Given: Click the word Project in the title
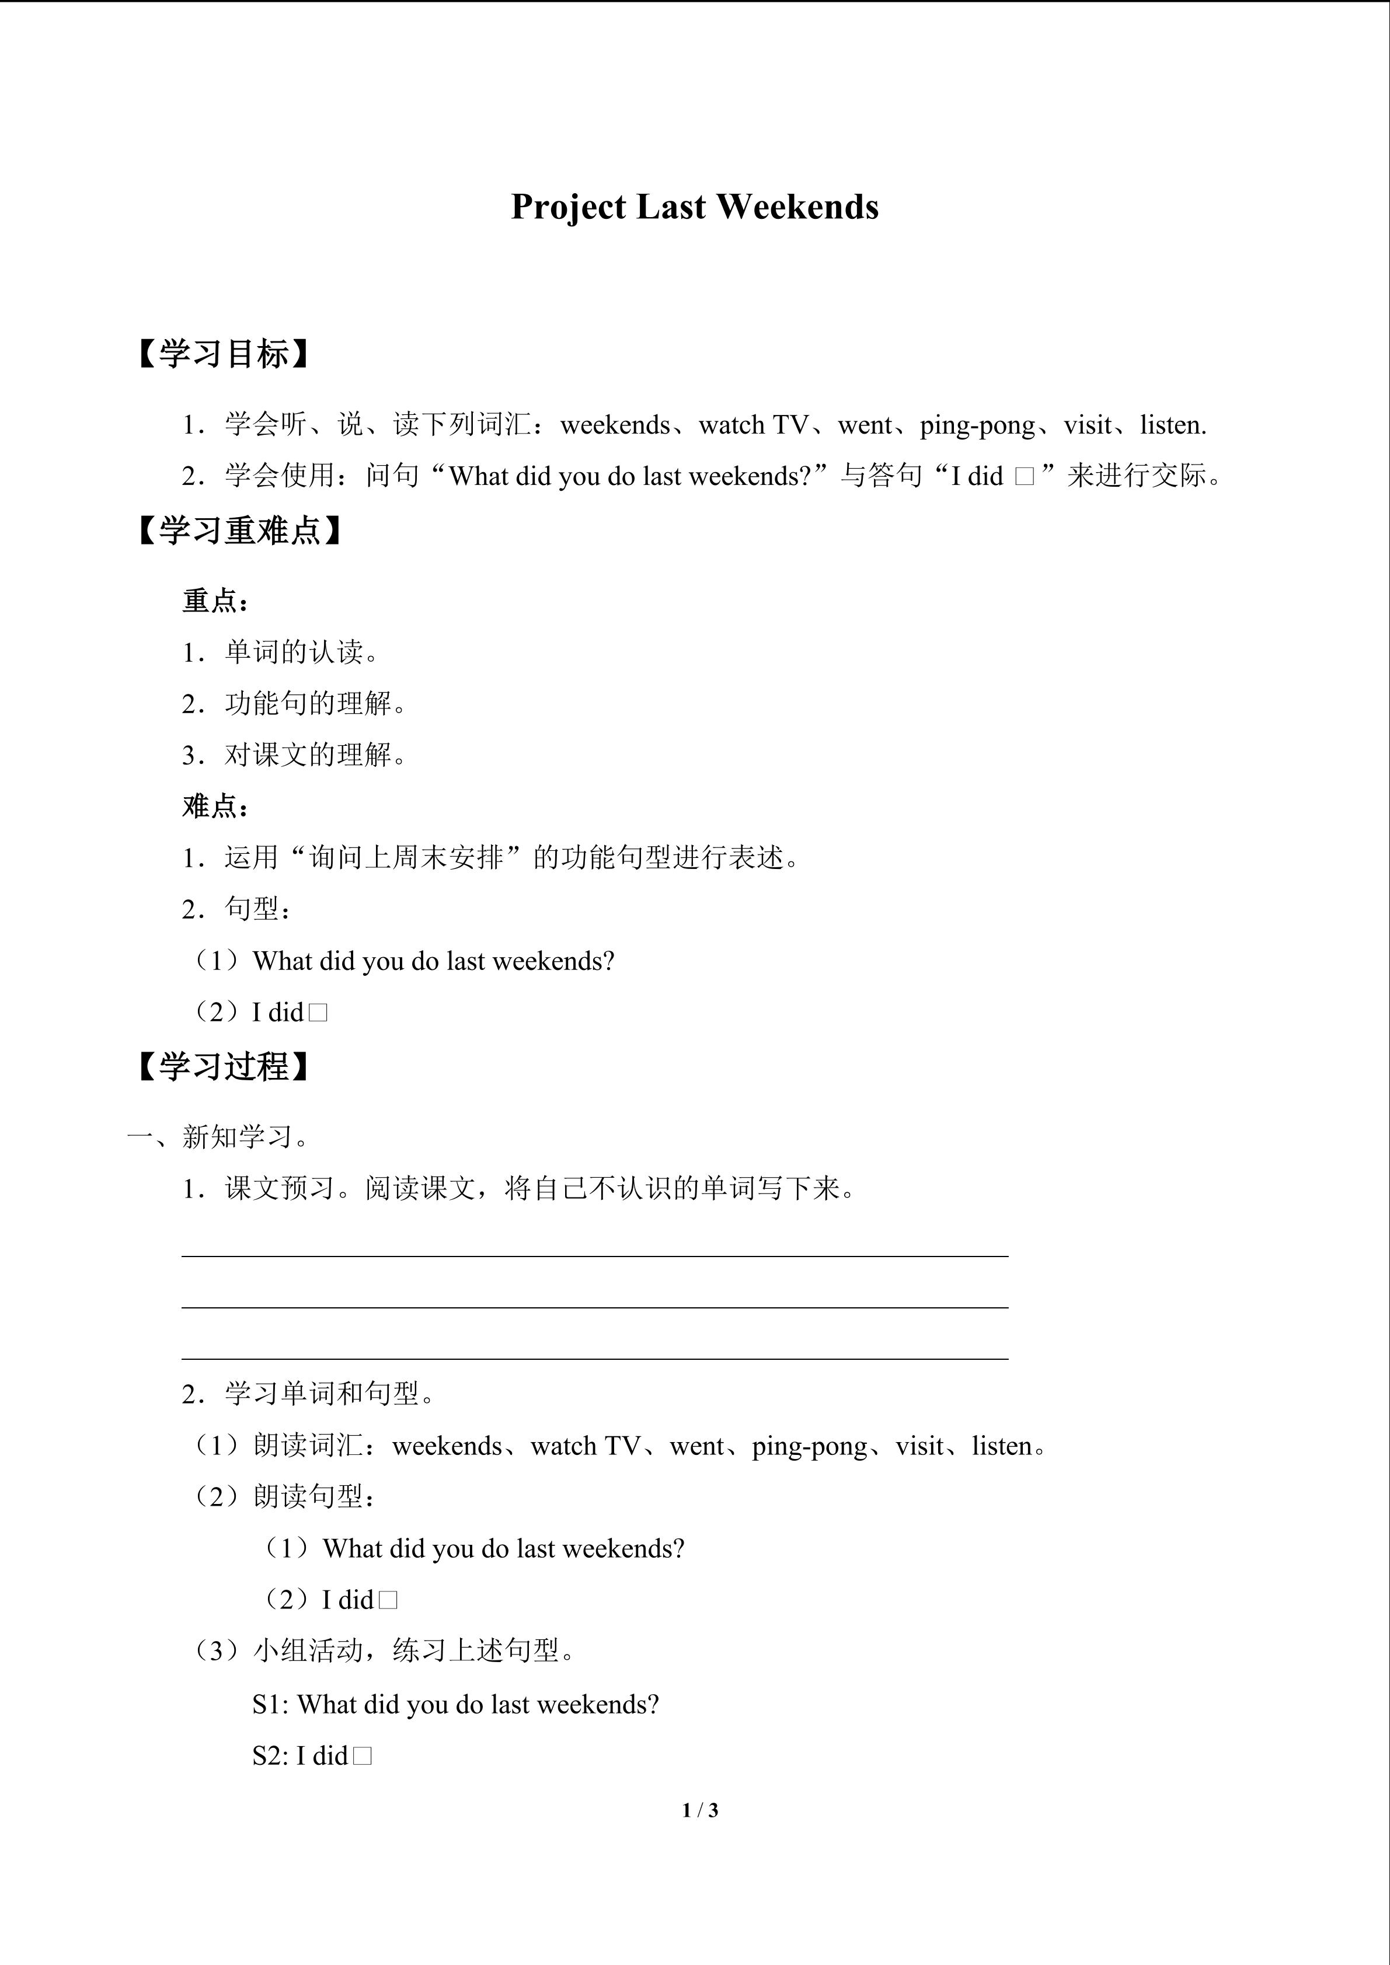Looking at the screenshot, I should [569, 208].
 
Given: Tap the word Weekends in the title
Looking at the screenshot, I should [797, 208].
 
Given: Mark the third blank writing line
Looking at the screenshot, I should [595, 1358].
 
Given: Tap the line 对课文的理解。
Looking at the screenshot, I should [316, 755].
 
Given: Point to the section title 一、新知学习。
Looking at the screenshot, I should [221, 1137].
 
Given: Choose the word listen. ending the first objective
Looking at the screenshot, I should [1173, 425].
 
